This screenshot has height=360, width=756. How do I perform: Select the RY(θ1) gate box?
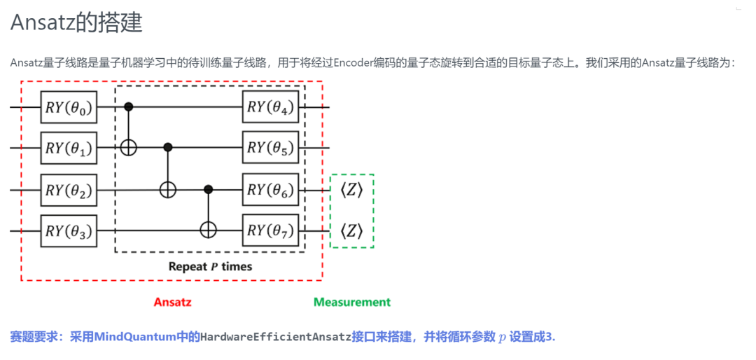(x=68, y=148)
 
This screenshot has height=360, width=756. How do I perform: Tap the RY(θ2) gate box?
(x=68, y=189)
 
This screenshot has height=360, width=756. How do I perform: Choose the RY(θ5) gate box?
(x=271, y=148)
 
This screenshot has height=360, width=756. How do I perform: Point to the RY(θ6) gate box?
(x=271, y=189)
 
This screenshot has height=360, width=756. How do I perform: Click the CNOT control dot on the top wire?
(x=128, y=107)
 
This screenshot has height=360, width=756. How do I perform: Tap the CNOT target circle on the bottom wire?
(x=208, y=229)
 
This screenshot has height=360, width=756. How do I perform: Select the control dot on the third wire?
(x=208, y=189)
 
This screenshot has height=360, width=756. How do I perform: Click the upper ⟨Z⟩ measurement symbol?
(x=351, y=190)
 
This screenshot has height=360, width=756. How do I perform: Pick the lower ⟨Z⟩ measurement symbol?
(x=351, y=230)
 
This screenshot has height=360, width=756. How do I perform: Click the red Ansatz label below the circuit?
(x=172, y=303)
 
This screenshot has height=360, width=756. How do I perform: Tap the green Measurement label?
(x=351, y=303)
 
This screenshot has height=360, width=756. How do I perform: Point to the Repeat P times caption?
(x=210, y=267)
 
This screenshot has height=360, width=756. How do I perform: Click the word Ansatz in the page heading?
(x=42, y=22)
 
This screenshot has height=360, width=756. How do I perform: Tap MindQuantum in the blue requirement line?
(x=133, y=337)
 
